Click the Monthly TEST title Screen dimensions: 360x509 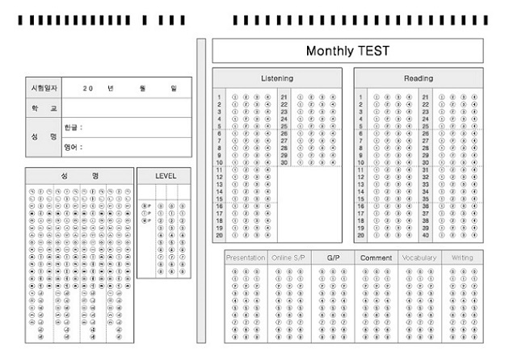tap(347, 51)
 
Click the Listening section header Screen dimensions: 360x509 tap(277, 78)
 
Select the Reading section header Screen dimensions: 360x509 tap(419, 78)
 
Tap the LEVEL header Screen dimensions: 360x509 tap(166, 176)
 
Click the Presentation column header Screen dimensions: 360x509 tap(246, 258)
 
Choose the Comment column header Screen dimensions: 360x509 tap(376, 258)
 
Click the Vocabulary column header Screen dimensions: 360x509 tap(419, 258)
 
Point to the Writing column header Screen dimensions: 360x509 tap(462, 258)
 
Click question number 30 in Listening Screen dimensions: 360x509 tap(284, 163)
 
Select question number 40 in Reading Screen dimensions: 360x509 tap(425, 235)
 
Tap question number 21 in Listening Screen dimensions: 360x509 tap(284, 98)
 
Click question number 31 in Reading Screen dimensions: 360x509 tap(425, 170)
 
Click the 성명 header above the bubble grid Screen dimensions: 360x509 tap(79, 176)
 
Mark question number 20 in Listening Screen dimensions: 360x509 tap(219, 235)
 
